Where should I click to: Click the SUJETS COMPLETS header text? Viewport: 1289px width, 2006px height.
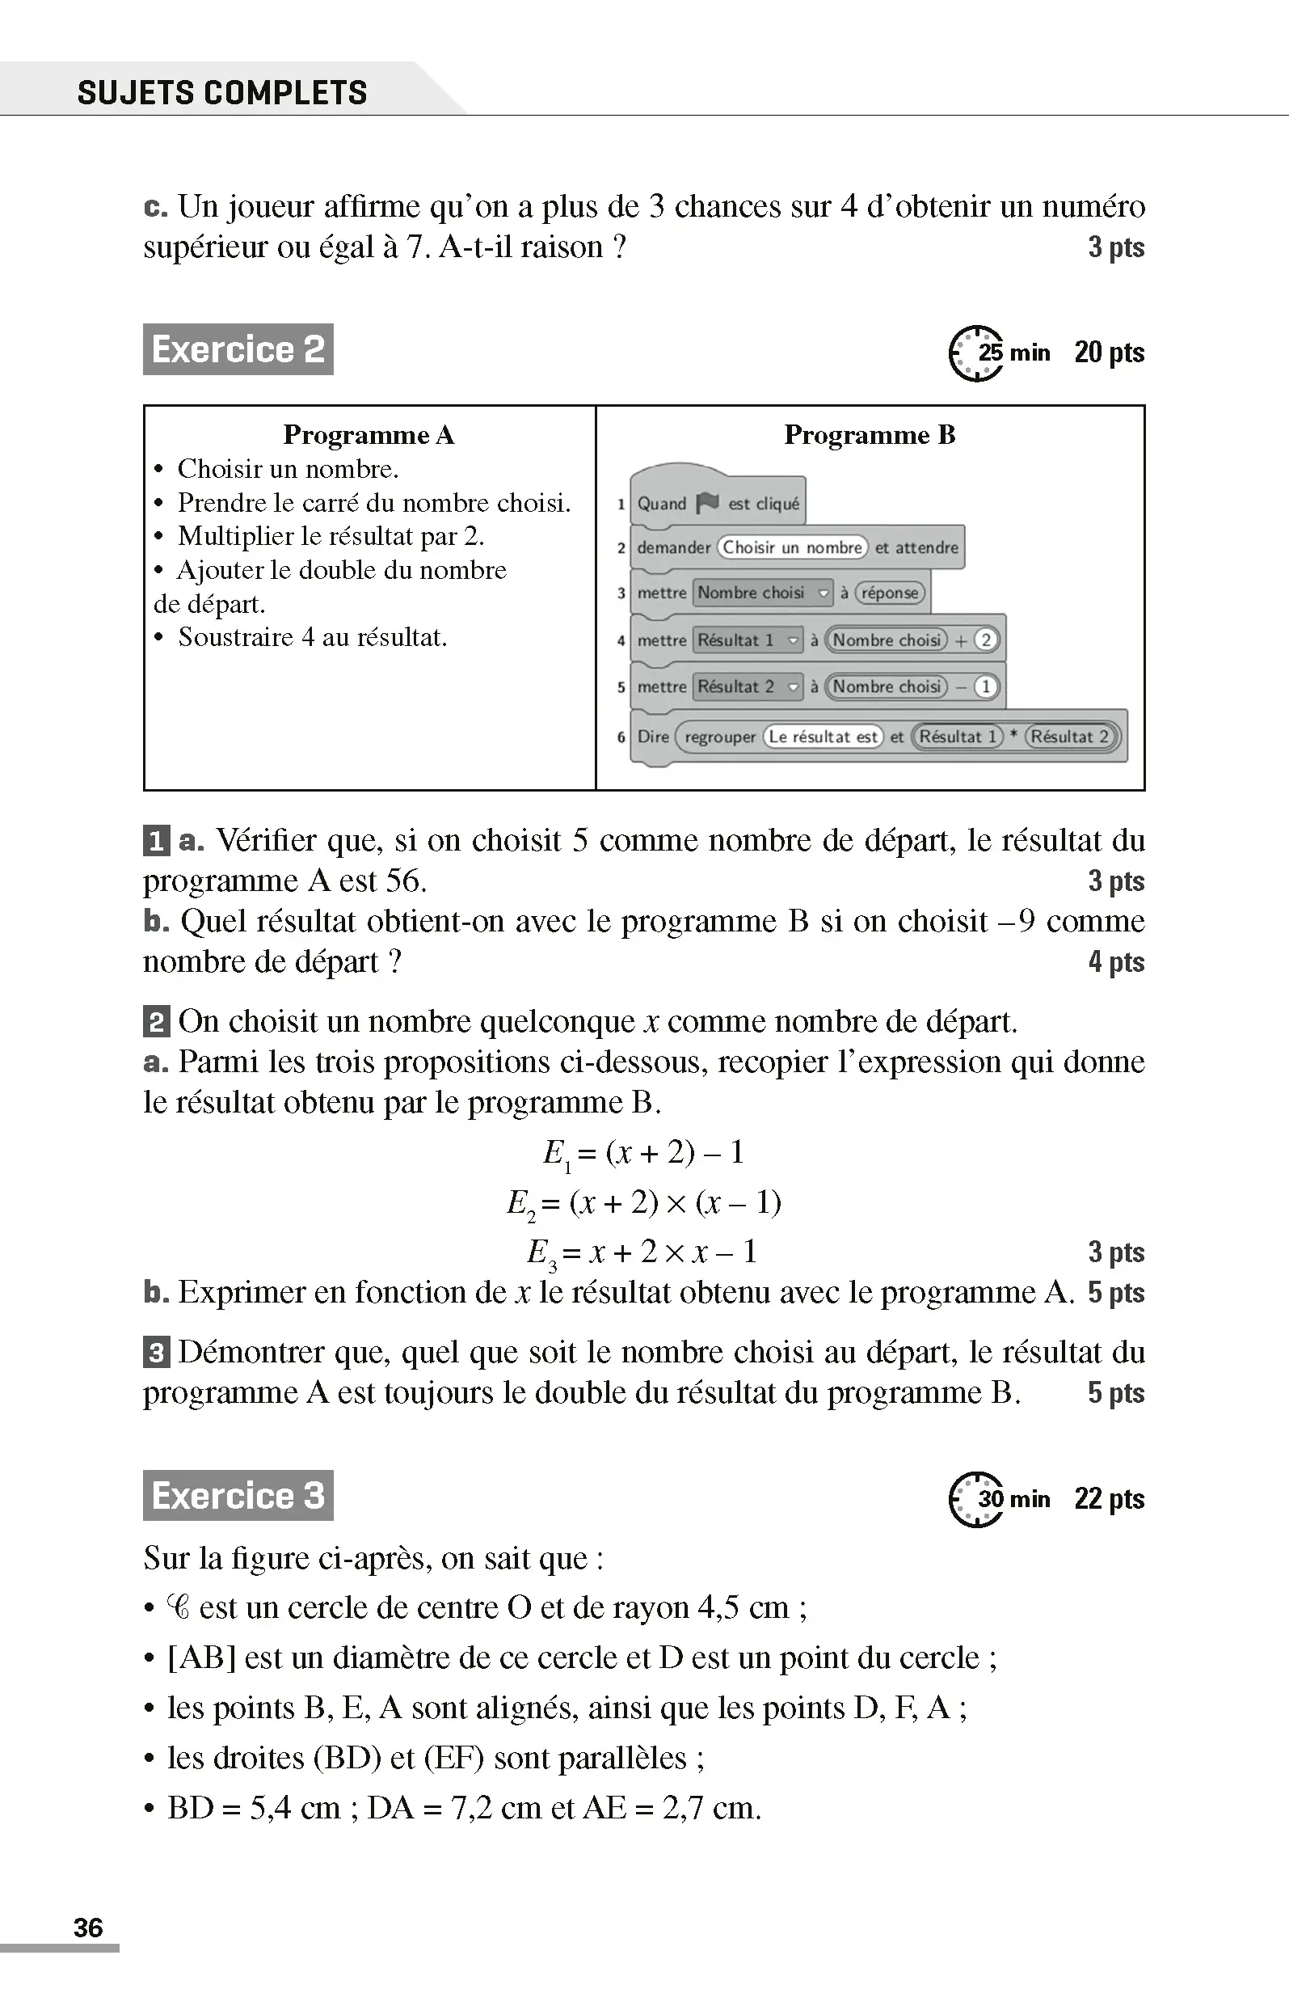click(x=221, y=92)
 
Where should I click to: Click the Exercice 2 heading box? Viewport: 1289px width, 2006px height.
click(x=238, y=349)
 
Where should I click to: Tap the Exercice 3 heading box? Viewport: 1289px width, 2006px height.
click(x=238, y=1495)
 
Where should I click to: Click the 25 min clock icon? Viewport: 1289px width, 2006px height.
click(x=975, y=353)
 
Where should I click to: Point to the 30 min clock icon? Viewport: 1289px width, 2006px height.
click(x=975, y=1499)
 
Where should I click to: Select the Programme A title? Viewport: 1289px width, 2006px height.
click(x=369, y=434)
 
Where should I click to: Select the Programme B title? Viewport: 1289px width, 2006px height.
click(x=869, y=434)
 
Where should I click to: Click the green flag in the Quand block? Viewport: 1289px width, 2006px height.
click(x=707, y=502)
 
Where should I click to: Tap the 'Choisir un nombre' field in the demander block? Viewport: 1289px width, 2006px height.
click(x=792, y=547)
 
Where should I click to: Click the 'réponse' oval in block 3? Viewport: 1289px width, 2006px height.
click(x=890, y=593)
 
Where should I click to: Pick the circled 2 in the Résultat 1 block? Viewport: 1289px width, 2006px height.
click(x=986, y=640)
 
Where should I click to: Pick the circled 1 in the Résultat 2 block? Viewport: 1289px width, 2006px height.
click(x=986, y=686)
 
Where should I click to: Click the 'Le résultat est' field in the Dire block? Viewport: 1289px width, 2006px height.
click(x=823, y=737)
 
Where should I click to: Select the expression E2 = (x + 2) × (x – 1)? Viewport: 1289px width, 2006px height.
click(x=643, y=1203)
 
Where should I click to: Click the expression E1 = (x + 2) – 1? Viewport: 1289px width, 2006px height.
click(x=643, y=1154)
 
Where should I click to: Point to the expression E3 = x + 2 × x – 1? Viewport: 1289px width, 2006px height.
click(x=642, y=1252)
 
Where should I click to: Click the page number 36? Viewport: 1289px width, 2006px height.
click(x=88, y=1928)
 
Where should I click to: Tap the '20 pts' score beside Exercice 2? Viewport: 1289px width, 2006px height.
click(x=1109, y=353)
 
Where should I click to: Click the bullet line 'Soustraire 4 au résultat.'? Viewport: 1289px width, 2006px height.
click(x=311, y=637)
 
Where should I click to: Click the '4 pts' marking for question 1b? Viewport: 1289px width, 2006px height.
click(x=1116, y=962)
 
